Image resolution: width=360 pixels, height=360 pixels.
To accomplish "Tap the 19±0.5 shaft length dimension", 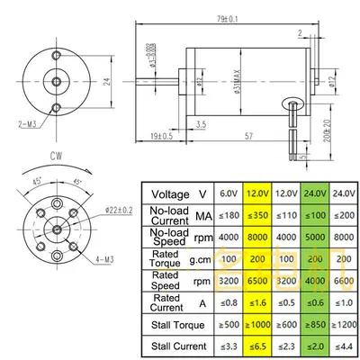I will pyautogui.click(x=163, y=136).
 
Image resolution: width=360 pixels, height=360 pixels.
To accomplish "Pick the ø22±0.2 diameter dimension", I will pyautogui.click(x=119, y=208).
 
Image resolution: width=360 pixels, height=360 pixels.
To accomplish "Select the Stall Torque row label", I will pyautogui.click(x=175, y=323).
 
